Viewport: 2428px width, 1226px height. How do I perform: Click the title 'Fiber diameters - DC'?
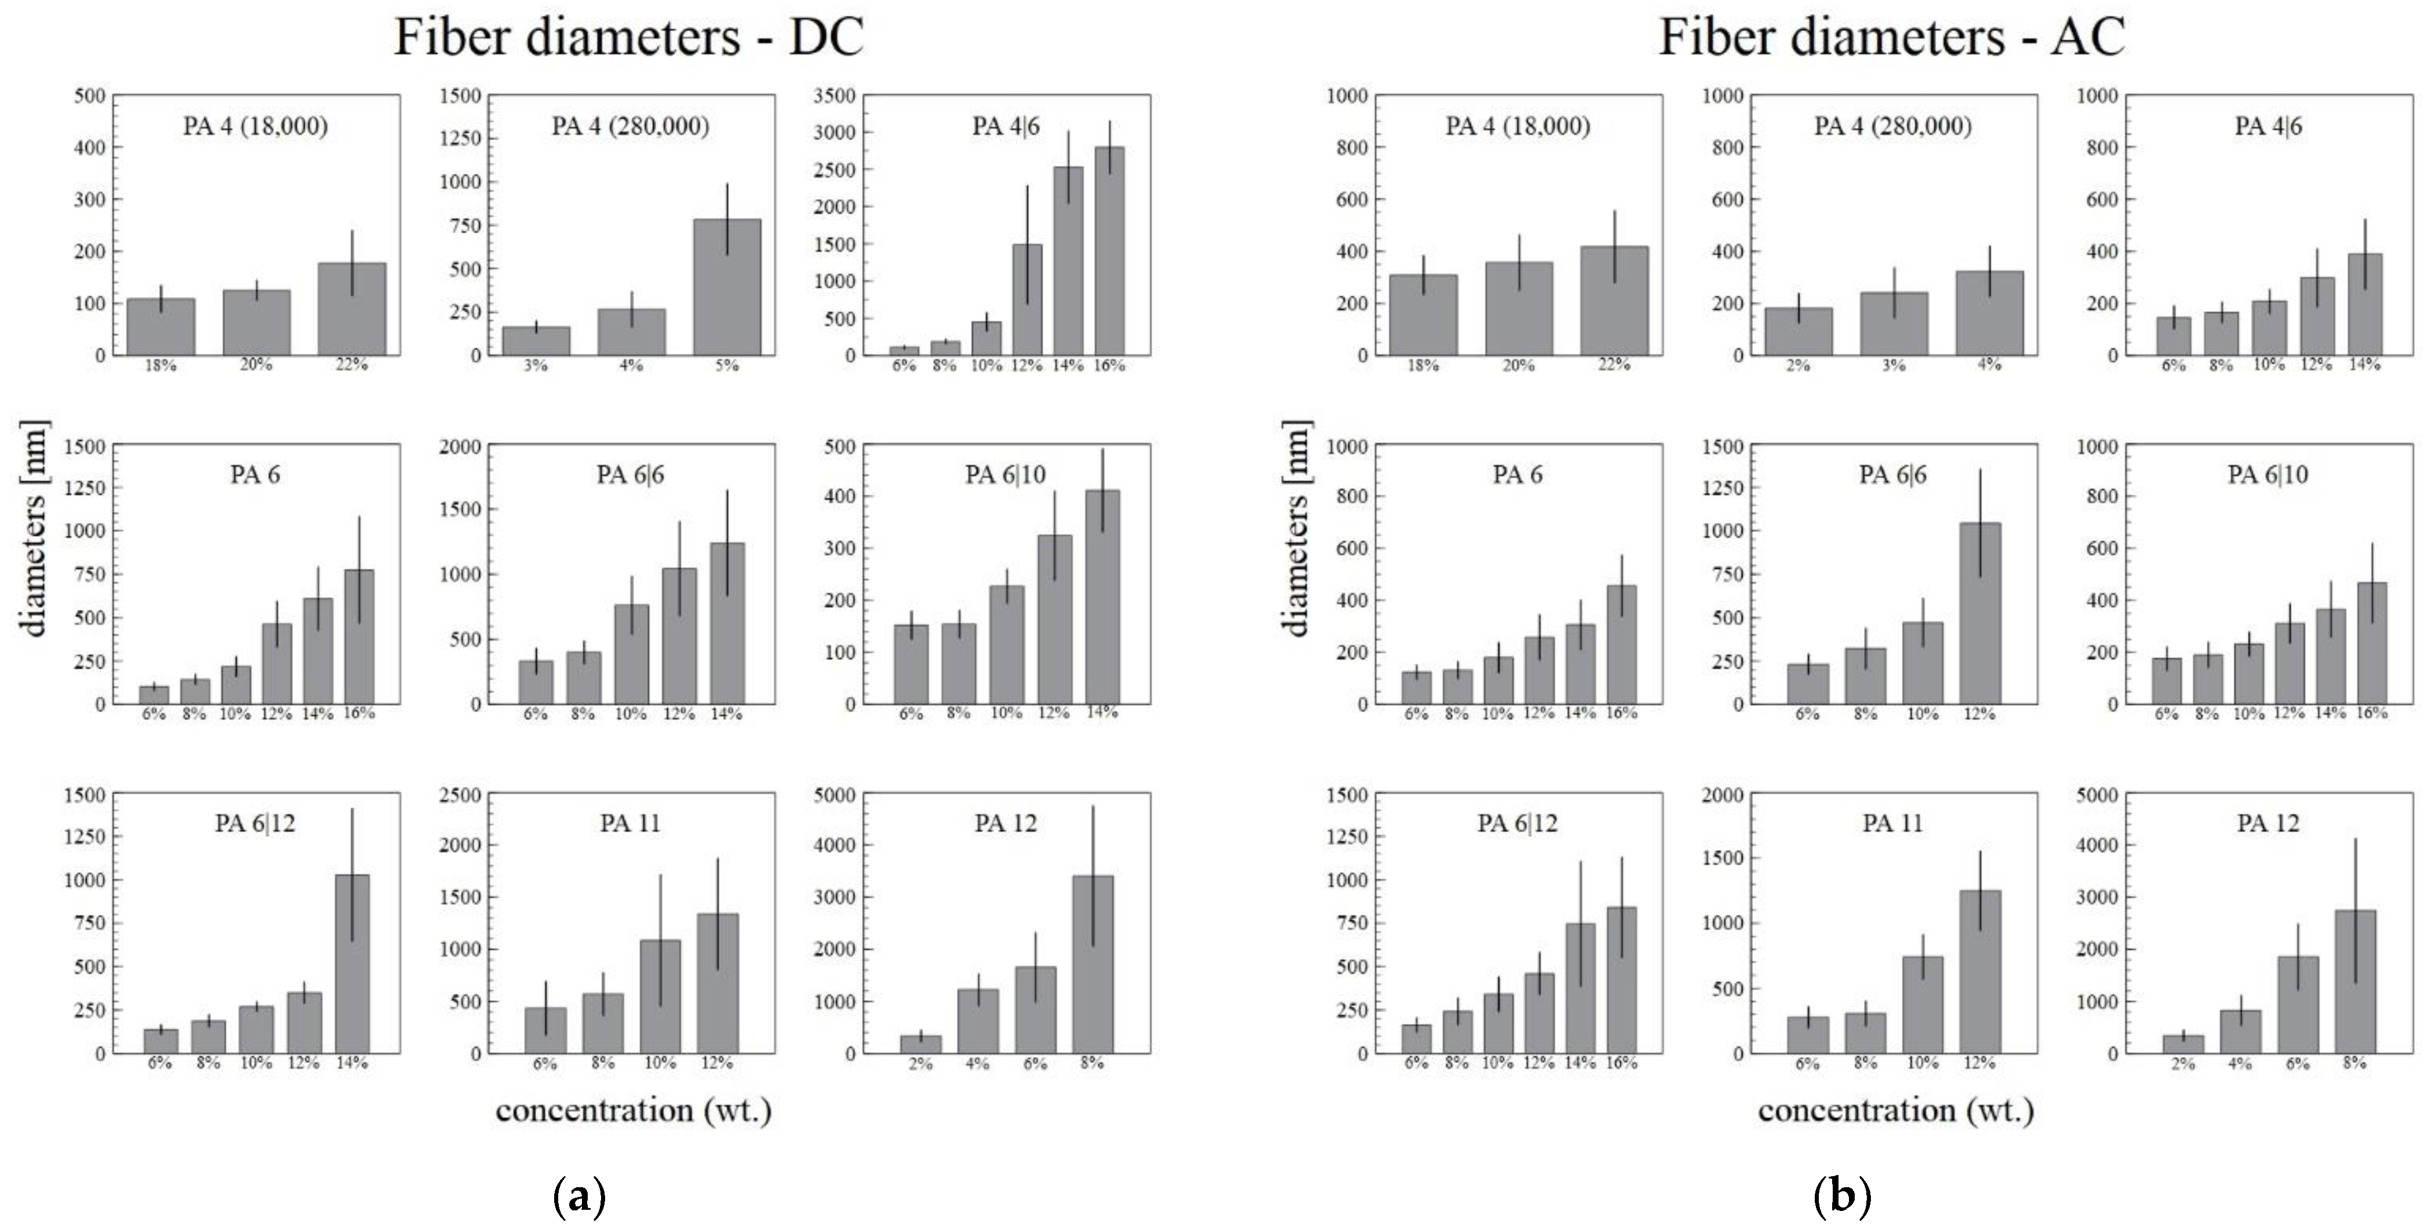(x=629, y=38)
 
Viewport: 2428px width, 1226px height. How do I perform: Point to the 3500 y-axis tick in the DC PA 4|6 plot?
(x=835, y=95)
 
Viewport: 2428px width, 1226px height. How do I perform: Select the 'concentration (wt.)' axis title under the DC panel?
(x=633, y=1110)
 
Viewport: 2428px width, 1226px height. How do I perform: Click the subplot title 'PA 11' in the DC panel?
(x=629, y=823)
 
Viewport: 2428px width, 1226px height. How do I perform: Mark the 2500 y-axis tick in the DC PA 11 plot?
(x=460, y=795)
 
